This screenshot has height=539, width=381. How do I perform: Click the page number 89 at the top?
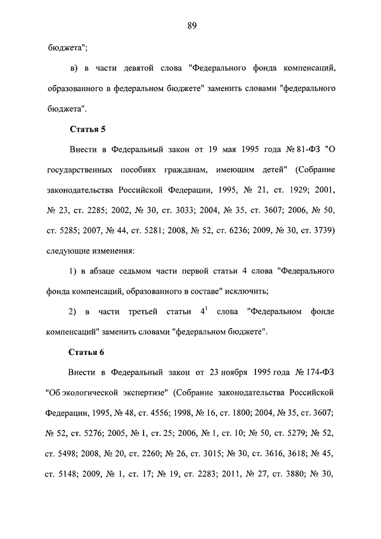[191, 25]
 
